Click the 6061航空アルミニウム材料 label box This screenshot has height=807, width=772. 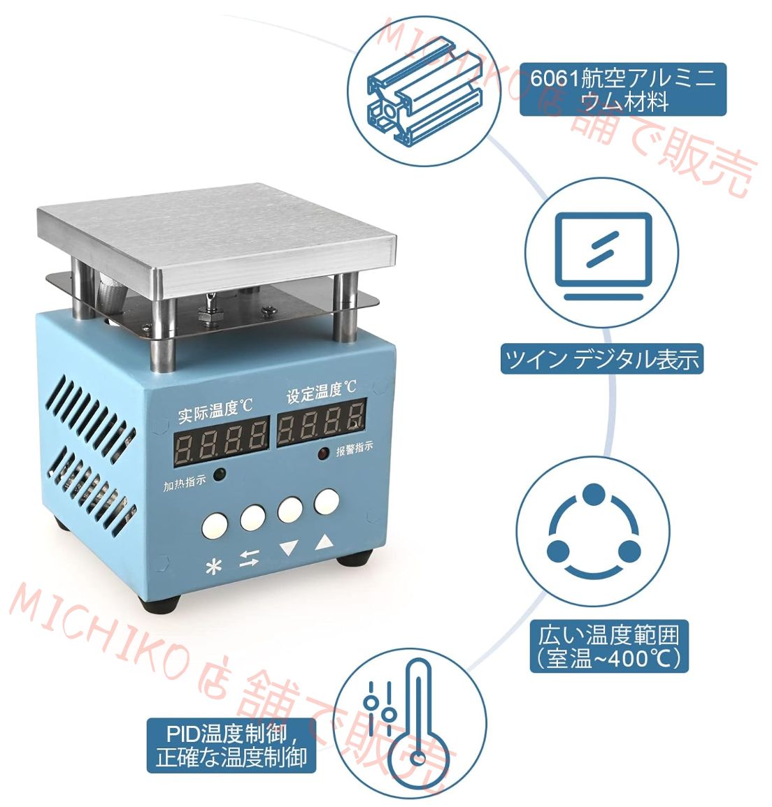click(x=623, y=89)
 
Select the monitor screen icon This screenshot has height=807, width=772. click(x=602, y=254)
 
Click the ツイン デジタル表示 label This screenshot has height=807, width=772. click(x=601, y=359)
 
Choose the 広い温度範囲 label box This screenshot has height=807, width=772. click(x=608, y=646)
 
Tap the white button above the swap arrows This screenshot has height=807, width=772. click(x=252, y=518)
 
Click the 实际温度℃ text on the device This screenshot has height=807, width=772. click(x=215, y=411)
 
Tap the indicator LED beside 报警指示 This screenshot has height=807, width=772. click(x=323, y=455)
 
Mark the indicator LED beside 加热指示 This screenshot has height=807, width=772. click(x=219, y=474)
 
